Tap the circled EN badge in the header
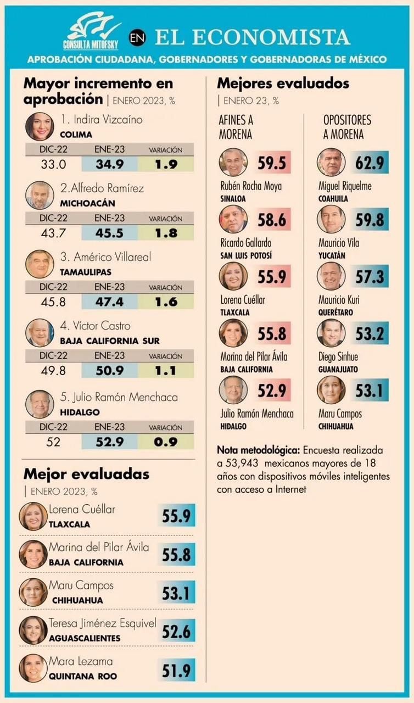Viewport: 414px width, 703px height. point(138,37)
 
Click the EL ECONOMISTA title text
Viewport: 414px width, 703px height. point(252,37)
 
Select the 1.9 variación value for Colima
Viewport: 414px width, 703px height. point(165,164)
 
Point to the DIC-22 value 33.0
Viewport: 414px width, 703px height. point(53,164)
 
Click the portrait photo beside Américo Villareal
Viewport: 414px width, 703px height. point(40,264)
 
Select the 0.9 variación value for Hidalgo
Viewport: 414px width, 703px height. point(165,442)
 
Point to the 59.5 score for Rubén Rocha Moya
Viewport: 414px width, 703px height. point(272,163)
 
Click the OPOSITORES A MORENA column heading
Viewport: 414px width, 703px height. point(346,127)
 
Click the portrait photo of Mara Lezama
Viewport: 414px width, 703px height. point(33,668)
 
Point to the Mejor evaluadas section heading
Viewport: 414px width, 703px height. point(86,474)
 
